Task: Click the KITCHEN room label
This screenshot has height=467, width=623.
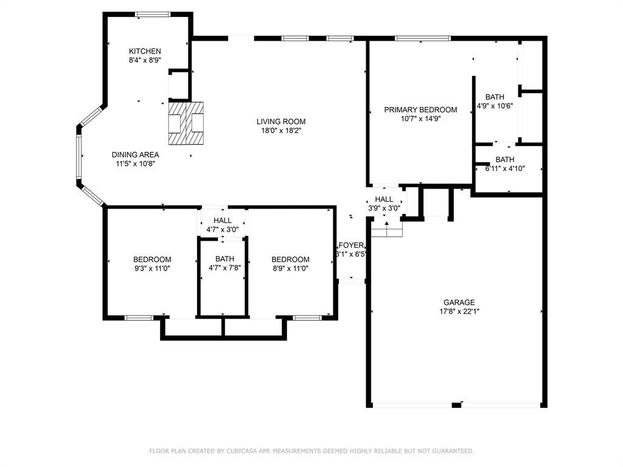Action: click(x=145, y=51)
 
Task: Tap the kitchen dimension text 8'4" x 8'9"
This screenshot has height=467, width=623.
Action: click(x=145, y=60)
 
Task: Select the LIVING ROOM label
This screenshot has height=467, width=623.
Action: click(x=281, y=122)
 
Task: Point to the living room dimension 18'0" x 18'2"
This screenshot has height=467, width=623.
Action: click(x=281, y=130)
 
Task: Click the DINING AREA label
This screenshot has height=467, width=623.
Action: click(x=135, y=154)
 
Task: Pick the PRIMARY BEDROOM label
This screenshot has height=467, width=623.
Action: click(x=420, y=109)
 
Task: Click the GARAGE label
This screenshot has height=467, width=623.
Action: click(x=459, y=302)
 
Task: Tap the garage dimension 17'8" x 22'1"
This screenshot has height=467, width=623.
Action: click(x=459, y=311)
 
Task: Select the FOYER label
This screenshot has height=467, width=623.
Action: click(x=351, y=245)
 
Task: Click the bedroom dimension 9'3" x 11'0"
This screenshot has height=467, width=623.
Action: click(x=152, y=268)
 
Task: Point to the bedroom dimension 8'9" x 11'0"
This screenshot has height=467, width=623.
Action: click(x=290, y=268)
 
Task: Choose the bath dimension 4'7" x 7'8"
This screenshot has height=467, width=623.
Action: click(x=225, y=268)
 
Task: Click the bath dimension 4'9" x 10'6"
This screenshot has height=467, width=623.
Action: click(x=495, y=106)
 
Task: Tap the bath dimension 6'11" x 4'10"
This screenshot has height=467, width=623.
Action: click(x=504, y=168)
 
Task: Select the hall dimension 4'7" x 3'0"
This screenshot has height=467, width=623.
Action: click(x=223, y=229)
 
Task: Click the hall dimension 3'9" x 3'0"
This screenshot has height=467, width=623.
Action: click(x=384, y=208)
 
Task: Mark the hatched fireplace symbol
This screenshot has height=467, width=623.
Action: click(x=186, y=123)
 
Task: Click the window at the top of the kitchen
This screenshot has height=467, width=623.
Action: click(x=153, y=15)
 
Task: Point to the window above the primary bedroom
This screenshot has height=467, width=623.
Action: click(x=423, y=38)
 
